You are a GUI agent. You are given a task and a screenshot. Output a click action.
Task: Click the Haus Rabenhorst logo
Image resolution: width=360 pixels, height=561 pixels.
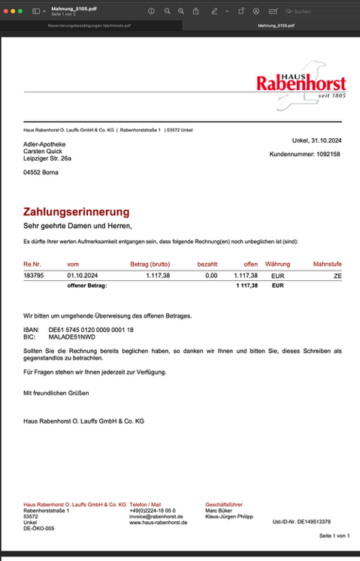(301, 81)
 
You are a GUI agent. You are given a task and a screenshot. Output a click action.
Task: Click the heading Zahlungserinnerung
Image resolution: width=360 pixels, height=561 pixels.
(77, 213)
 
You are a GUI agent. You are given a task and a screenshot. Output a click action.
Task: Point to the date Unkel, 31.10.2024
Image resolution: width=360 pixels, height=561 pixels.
(316, 140)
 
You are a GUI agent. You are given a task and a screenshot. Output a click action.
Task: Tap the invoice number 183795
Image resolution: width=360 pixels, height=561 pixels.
(32, 276)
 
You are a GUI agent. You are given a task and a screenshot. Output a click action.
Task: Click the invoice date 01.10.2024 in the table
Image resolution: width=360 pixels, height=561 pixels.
(83, 276)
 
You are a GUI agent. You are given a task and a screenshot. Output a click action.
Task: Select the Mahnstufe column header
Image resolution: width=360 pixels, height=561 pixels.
(327, 264)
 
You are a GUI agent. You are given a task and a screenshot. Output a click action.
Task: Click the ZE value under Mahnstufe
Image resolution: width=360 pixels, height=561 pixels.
(337, 276)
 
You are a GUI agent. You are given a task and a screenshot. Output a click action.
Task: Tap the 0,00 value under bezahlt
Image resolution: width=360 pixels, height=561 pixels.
(211, 276)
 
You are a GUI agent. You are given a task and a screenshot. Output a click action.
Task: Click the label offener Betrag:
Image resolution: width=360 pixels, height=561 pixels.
(87, 286)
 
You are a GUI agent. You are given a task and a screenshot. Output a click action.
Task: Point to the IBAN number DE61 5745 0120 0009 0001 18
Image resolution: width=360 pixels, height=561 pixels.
(91, 330)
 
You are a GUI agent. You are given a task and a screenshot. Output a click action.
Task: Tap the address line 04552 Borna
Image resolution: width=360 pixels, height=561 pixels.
(41, 172)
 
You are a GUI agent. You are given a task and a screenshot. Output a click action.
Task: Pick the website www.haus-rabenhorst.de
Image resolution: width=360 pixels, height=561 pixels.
(159, 523)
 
